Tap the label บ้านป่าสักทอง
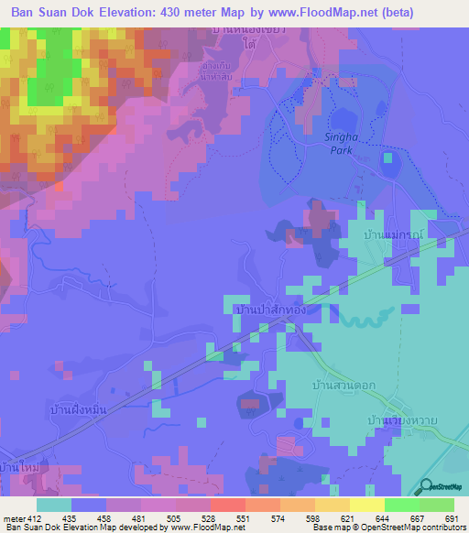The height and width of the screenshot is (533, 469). click(268, 310)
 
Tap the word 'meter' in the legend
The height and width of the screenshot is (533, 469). click(13, 518)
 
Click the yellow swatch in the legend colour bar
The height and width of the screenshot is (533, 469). click(366, 505)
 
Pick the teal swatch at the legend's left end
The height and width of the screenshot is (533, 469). click(54, 505)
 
